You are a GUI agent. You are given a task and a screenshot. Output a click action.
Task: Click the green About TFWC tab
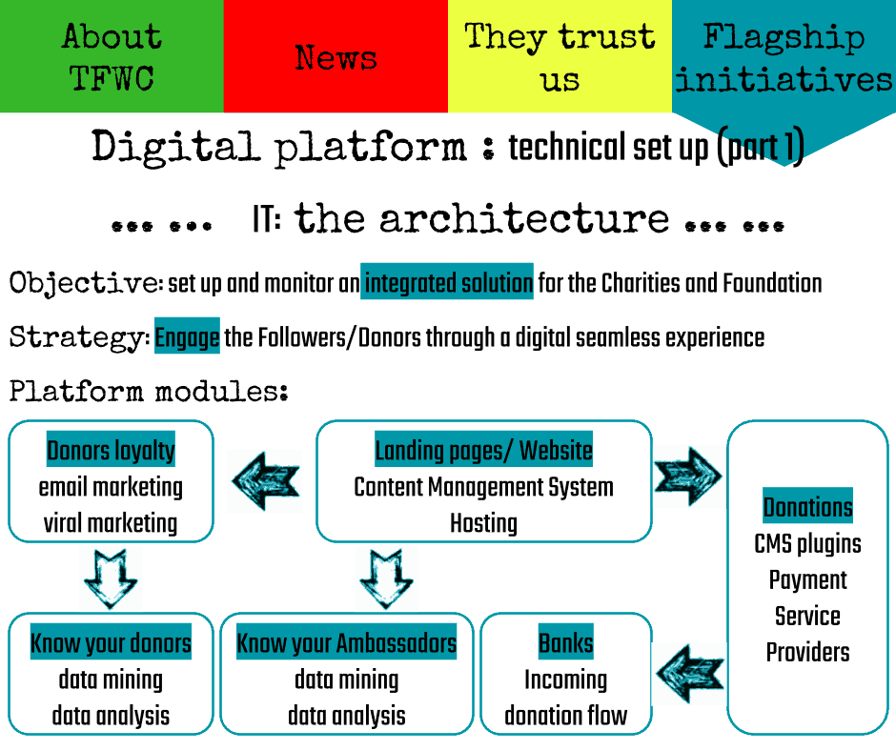point(112,57)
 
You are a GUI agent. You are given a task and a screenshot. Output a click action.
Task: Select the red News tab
point(336,57)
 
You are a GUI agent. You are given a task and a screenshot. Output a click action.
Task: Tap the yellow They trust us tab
point(560,57)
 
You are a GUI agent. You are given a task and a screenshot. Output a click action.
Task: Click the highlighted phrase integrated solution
point(447,282)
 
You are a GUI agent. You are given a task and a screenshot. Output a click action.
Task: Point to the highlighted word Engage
point(187,336)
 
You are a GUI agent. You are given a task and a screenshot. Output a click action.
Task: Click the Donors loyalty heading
point(111,450)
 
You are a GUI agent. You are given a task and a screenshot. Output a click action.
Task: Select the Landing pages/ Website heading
point(483,450)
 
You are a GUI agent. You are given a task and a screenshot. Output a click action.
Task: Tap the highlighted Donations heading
point(807,506)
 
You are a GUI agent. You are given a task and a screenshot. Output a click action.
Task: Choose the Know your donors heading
point(111,643)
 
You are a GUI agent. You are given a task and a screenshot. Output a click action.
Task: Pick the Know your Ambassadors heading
point(346,643)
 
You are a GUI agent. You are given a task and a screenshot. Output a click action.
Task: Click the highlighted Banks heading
point(565,643)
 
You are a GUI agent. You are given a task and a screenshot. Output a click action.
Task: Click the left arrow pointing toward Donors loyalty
point(265,481)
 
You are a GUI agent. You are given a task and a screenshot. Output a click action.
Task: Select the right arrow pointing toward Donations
point(689,476)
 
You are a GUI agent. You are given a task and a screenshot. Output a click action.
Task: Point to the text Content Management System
point(483,487)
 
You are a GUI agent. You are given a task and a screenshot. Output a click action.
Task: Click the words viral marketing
point(111,523)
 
